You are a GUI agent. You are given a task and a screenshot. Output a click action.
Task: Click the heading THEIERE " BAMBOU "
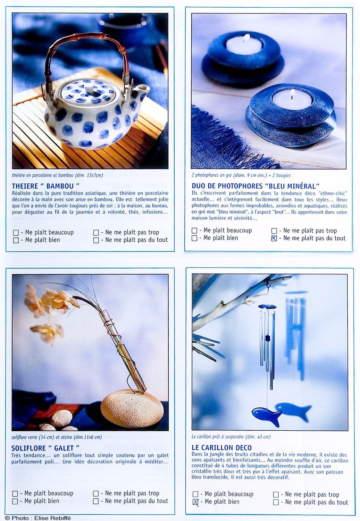tap(45, 186)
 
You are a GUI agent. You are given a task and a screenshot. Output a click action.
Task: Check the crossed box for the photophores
tap(274, 238)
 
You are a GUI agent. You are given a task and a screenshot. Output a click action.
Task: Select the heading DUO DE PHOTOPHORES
tap(256, 186)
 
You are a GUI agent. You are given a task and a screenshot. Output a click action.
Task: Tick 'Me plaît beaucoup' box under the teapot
tap(16, 233)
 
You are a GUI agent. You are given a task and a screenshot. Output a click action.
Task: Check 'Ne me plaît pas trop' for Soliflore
tap(95, 493)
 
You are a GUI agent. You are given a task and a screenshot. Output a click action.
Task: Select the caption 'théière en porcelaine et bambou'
tap(43, 175)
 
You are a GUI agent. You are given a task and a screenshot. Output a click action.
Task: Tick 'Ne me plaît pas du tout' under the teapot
tap(96, 240)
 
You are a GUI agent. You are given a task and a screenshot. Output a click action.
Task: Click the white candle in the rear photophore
tap(244, 44)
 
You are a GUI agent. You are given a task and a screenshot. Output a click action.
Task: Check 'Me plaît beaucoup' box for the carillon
tap(195, 494)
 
